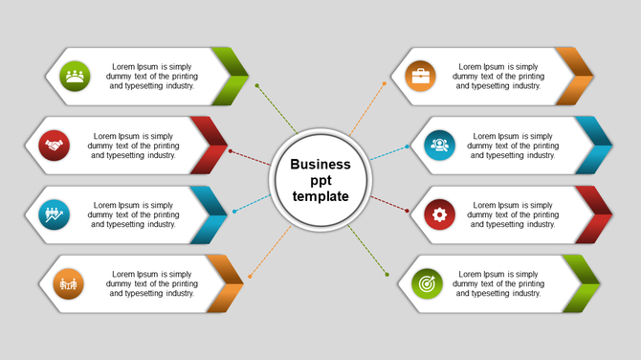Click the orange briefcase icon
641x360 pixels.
point(421,75)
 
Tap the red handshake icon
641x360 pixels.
point(55,146)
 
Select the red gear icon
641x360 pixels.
point(439,214)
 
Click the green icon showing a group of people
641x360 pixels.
point(74,75)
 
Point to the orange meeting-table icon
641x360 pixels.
point(67,283)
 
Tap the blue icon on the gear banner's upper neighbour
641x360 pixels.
point(439,146)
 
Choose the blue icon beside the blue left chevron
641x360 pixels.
point(55,214)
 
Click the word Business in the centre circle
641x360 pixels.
point(320,165)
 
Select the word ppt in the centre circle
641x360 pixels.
point(320,180)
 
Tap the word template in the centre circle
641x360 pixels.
point(320,196)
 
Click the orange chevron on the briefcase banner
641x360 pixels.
point(577,76)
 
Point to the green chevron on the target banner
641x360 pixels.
point(584,283)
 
